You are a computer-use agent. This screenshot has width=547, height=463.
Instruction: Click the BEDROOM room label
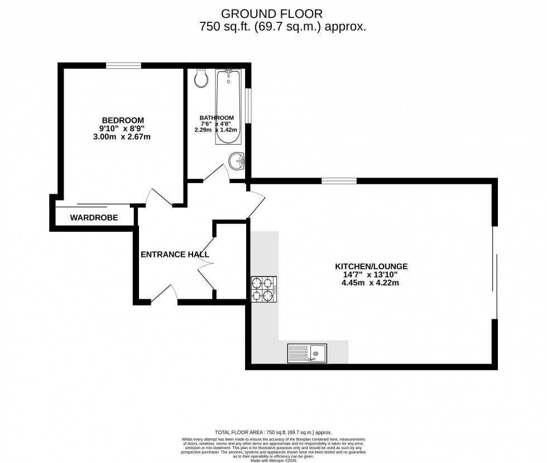click(122, 120)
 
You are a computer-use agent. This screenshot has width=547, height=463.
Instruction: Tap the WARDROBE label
click(94, 218)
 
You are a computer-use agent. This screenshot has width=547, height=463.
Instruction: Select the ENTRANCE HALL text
click(175, 254)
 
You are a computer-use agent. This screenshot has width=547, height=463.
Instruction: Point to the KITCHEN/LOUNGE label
click(371, 266)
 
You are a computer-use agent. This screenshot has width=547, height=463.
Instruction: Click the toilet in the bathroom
click(201, 78)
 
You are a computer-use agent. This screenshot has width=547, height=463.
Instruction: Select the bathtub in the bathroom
click(227, 106)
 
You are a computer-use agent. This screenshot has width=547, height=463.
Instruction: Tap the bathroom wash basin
click(237, 161)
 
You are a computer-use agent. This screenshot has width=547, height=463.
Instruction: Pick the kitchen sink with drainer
click(308, 353)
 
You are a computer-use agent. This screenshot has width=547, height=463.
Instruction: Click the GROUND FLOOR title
click(272, 13)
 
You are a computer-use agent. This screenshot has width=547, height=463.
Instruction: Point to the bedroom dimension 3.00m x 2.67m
click(122, 137)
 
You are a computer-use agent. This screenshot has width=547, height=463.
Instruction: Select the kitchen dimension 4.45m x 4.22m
click(371, 283)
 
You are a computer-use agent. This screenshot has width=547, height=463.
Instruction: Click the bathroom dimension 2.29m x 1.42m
click(217, 130)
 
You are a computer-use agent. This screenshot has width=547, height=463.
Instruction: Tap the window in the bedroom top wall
click(123, 65)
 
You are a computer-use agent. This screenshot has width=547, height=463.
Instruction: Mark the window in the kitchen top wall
click(339, 180)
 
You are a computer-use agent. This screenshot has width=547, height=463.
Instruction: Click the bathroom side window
click(248, 104)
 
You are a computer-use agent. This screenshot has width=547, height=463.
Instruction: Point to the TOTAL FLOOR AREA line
click(273, 432)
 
